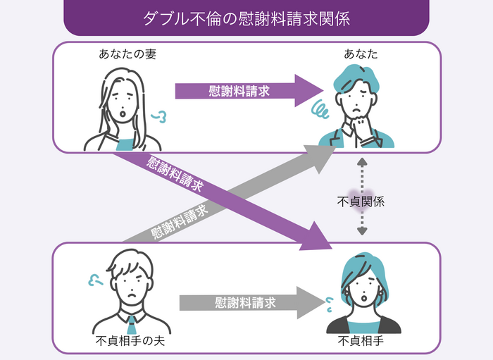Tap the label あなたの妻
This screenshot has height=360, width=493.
(127, 54)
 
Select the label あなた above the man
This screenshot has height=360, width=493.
(361, 54)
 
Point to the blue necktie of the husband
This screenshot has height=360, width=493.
(132, 323)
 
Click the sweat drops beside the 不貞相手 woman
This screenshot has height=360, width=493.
(327, 303)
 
